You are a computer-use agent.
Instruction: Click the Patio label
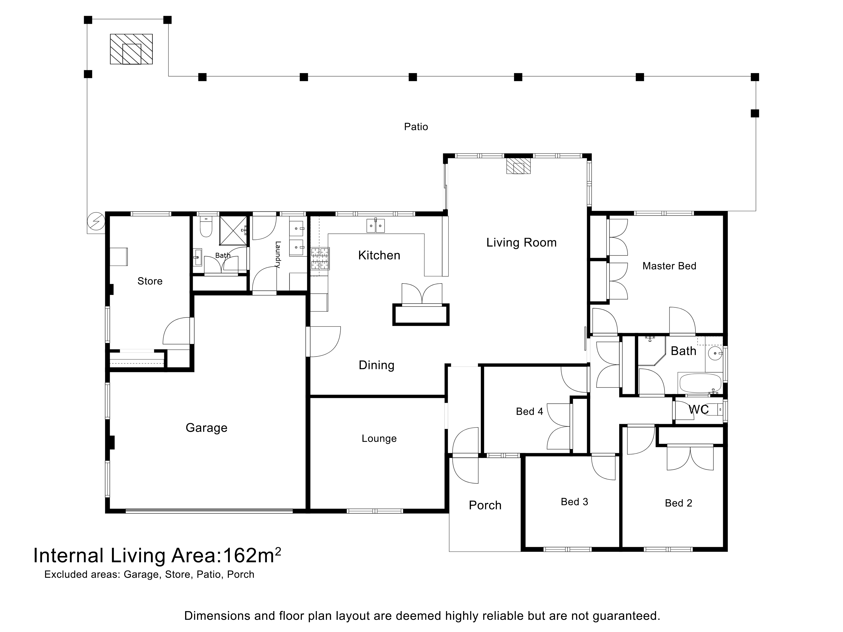click(x=416, y=127)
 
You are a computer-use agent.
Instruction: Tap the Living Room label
click(x=521, y=243)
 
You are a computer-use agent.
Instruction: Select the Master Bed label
click(x=669, y=266)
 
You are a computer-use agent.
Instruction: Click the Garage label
click(x=207, y=428)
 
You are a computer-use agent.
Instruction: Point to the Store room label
click(x=150, y=281)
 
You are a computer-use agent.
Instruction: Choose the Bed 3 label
click(x=574, y=502)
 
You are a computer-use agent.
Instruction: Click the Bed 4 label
click(x=529, y=411)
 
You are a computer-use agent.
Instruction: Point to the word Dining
click(x=376, y=365)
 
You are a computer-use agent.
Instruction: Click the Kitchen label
click(x=379, y=255)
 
